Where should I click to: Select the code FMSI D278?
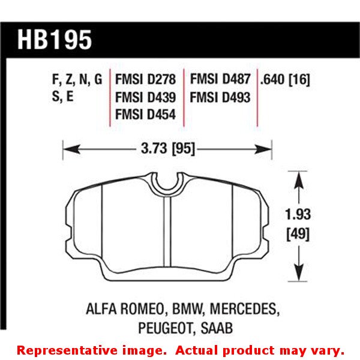point(145,79)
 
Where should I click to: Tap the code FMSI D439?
point(145,96)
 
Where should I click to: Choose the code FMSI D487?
point(220,79)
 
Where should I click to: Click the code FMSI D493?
point(220,96)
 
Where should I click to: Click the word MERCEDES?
point(243,310)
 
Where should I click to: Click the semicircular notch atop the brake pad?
point(167,181)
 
